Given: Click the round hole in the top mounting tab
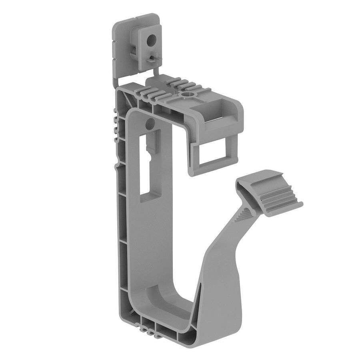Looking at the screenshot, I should (x=152, y=40).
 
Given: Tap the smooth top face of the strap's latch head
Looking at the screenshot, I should (x=260, y=180).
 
